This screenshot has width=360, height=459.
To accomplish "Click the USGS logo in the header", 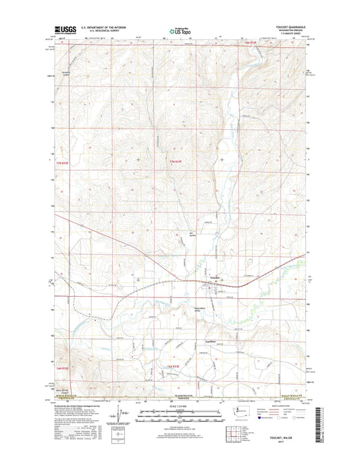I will point(62,30).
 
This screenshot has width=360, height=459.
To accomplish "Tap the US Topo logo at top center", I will point(178,30).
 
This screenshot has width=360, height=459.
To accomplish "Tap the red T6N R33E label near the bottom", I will point(173,366).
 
